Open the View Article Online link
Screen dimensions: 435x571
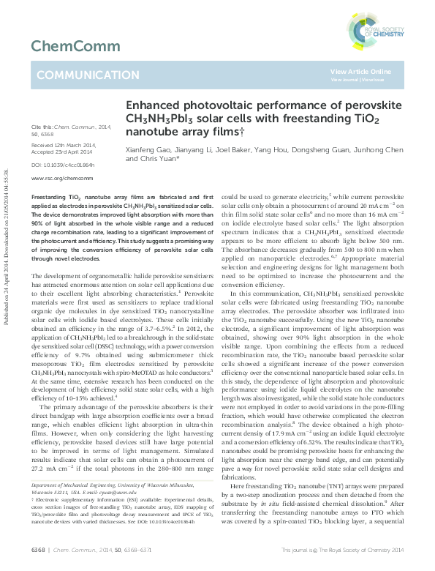click(x=360, y=71)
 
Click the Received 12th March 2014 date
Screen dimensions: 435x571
click(x=63, y=145)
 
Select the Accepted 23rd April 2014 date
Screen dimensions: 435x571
click(x=63, y=152)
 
